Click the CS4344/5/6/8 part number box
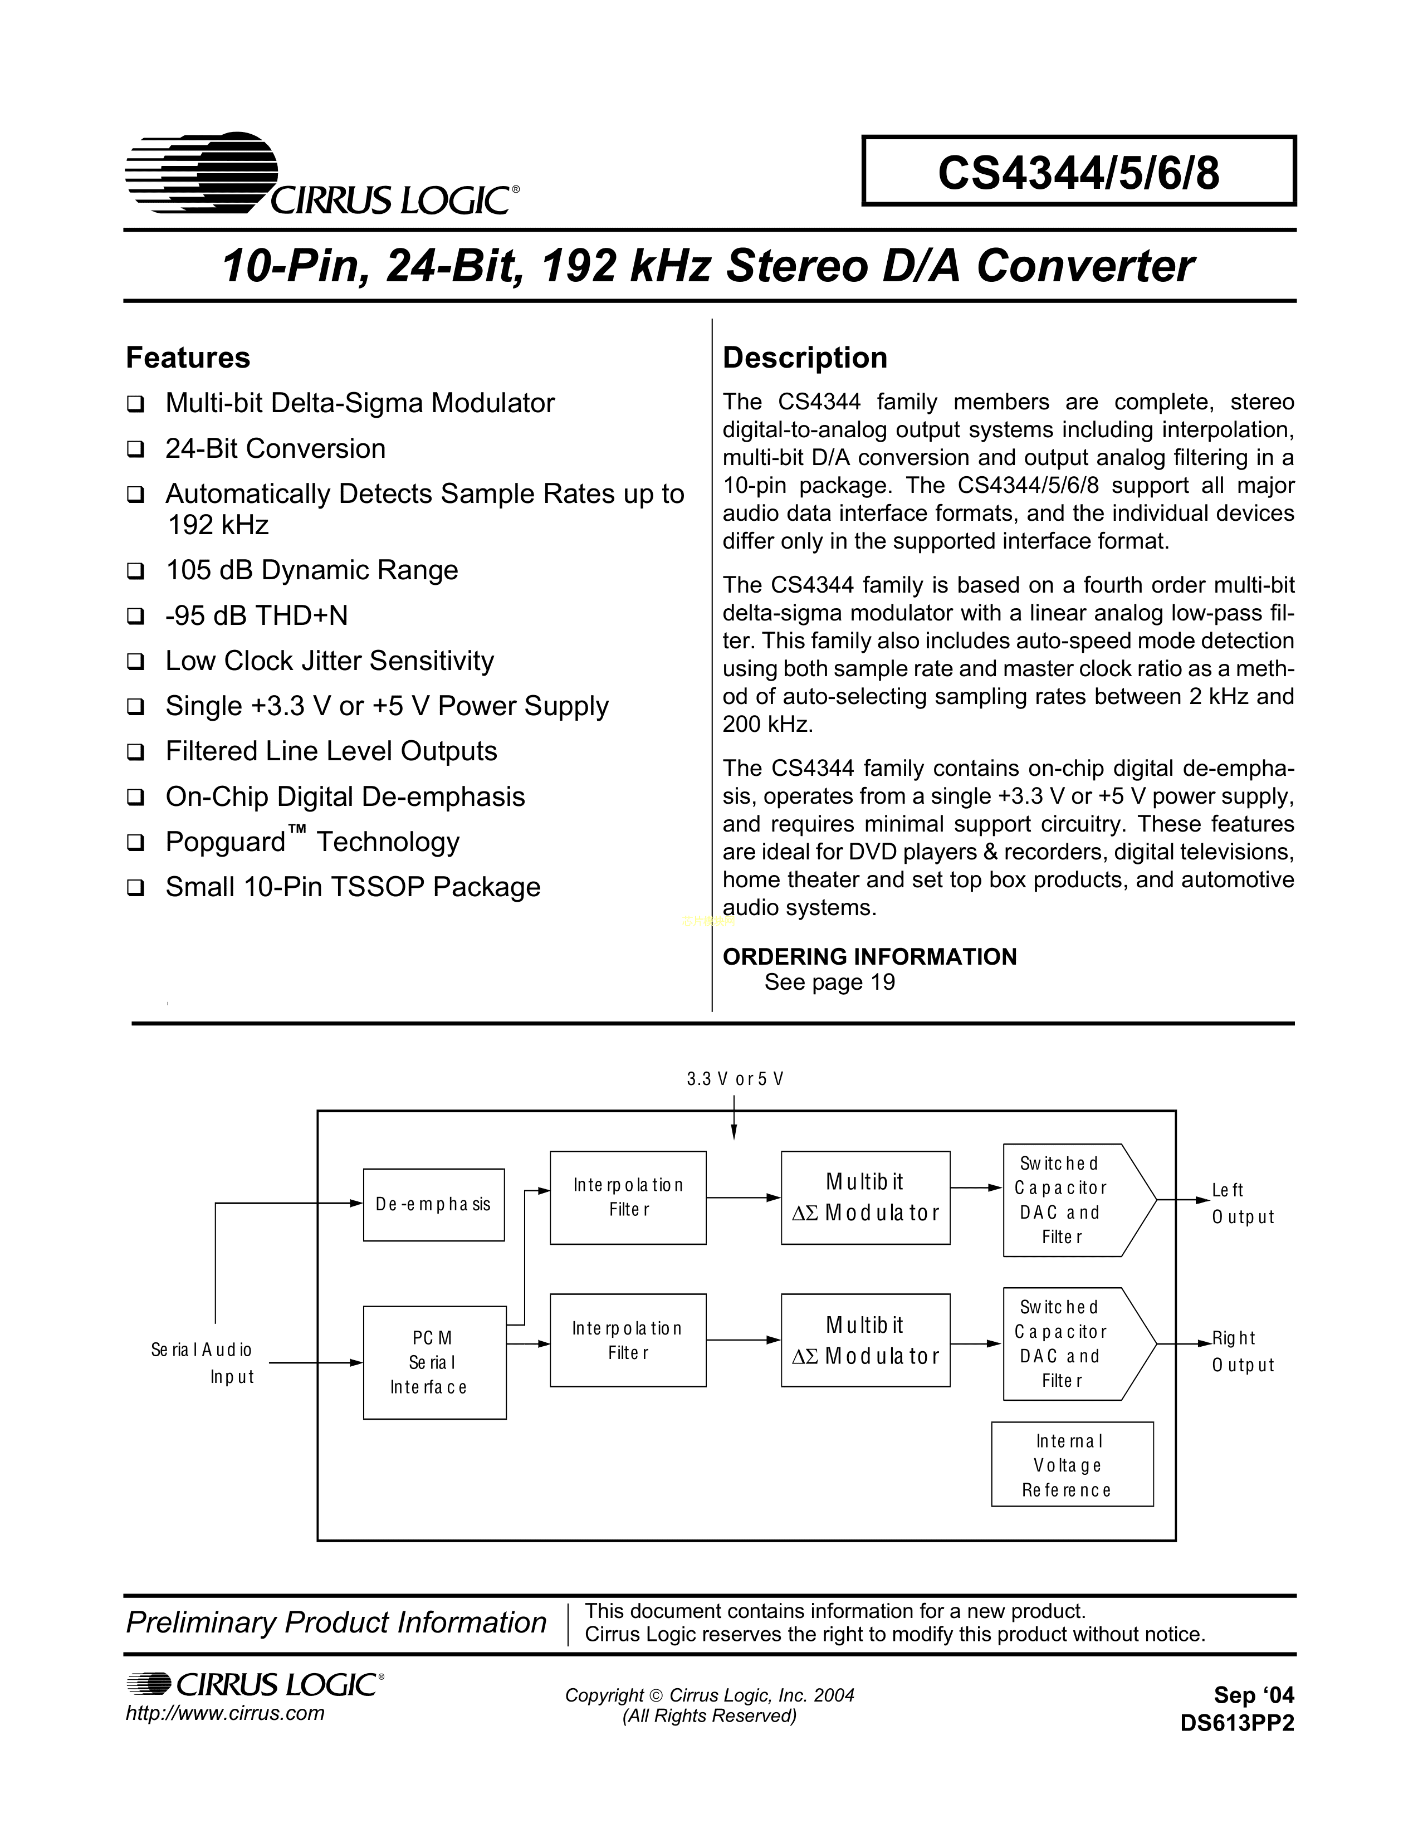pyautogui.click(x=1078, y=171)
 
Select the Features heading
pyautogui.click(x=188, y=358)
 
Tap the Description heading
pyautogui.click(x=804, y=358)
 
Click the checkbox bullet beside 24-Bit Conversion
pyautogui.click(x=135, y=449)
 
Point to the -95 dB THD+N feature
pyautogui.click(x=257, y=615)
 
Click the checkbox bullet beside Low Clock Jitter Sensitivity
pyautogui.click(x=135, y=662)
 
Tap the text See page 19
pyautogui.click(x=829, y=982)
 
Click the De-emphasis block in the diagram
pyautogui.click(x=433, y=1204)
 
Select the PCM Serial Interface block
pyautogui.click(x=434, y=1362)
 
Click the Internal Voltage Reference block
pyautogui.click(x=1072, y=1465)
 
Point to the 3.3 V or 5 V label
pyautogui.click(x=735, y=1079)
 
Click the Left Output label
pyautogui.click(x=1242, y=1204)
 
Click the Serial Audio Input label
pyautogui.click(x=203, y=1362)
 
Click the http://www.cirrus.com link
pyautogui.click(x=224, y=1713)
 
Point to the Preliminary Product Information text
pyautogui.click(x=336, y=1622)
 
